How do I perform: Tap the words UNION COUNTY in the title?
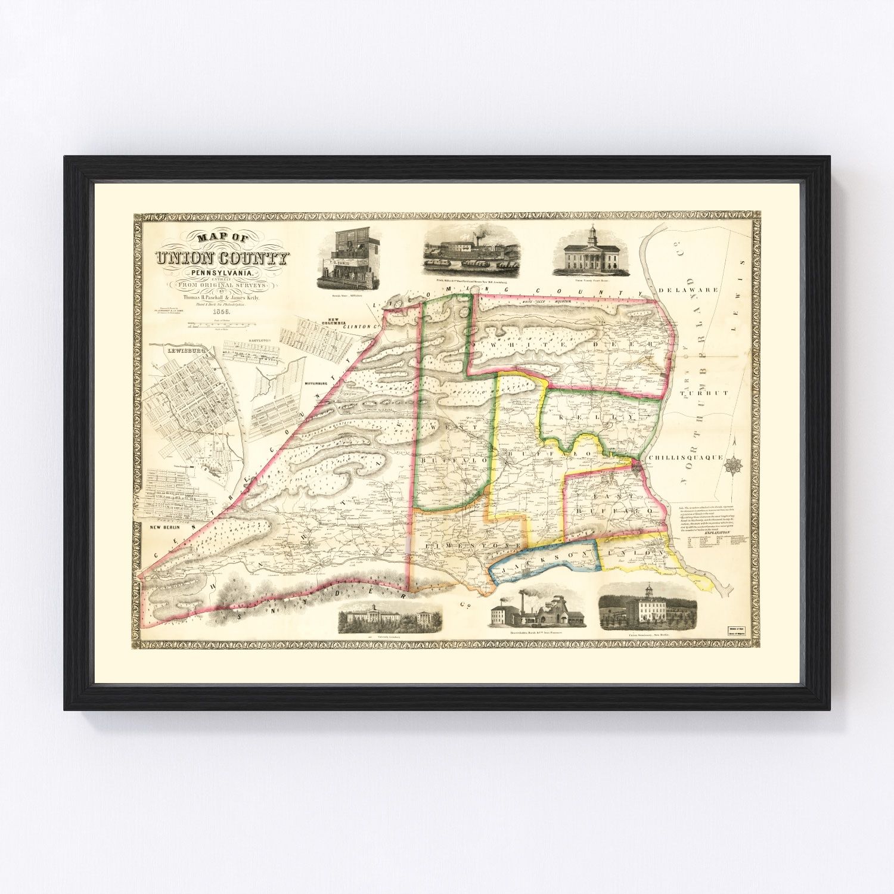point(222,258)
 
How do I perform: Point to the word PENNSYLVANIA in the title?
point(222,273)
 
